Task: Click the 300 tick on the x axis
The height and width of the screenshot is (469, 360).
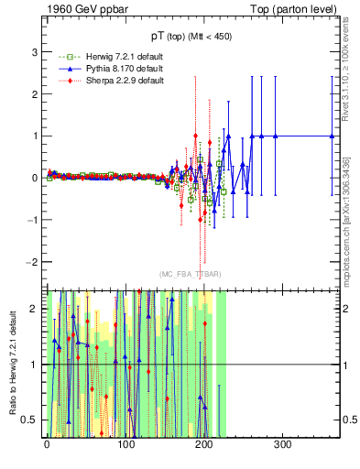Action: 283,444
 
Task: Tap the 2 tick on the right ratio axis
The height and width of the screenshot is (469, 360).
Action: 344,309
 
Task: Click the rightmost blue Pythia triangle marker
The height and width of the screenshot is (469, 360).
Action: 333,136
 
